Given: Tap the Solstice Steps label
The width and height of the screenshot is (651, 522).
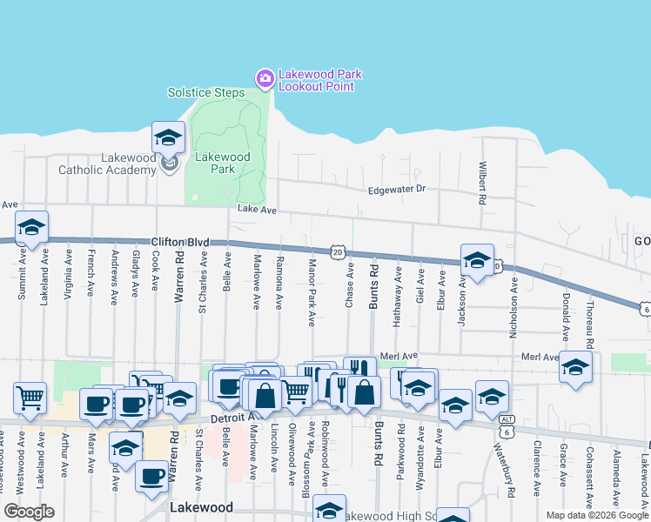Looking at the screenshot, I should tap(205, 92).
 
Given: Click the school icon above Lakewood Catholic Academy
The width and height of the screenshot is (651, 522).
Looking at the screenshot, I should tap(168, 137).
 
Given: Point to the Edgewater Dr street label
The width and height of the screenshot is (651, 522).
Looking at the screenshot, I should tap(396, 188).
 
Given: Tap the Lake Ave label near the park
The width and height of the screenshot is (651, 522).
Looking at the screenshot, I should tap(256, 210).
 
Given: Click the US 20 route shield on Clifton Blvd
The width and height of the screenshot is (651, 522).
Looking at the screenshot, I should tap(337, 251).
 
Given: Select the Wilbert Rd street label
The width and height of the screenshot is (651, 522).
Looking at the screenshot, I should tap(481, 184).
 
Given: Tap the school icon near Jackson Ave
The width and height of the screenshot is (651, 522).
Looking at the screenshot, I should tap(477, 259).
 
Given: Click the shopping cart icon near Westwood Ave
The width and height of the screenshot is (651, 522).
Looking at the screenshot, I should tap(30, 397).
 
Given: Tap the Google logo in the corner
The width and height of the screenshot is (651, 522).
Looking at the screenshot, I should tap(28, 511).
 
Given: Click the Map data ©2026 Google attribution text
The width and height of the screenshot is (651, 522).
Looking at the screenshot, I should tap(596, 515).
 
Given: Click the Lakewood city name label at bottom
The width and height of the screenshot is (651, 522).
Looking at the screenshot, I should tap(202, 507).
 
